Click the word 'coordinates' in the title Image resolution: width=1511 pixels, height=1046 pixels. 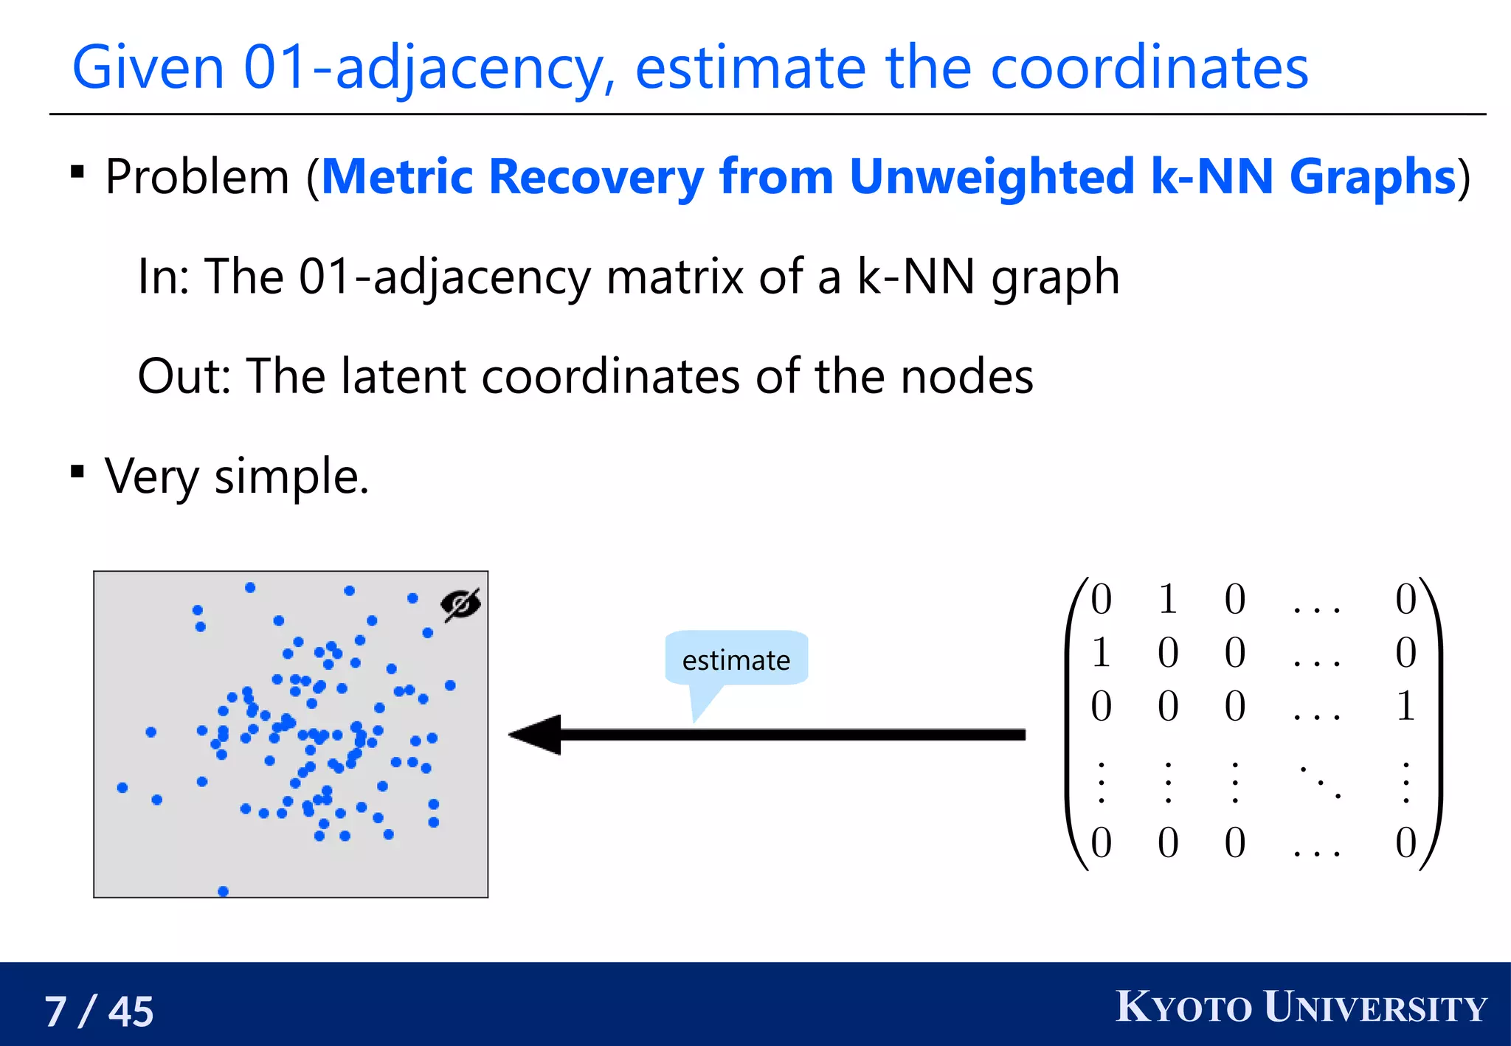pos(1149,67)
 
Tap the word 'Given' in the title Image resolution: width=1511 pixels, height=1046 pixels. pos(148,67)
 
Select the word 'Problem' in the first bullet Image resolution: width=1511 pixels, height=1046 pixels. pos(197,177)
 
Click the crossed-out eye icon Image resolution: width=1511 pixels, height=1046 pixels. pos(460,605)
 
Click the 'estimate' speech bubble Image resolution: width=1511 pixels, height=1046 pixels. pos(736,659)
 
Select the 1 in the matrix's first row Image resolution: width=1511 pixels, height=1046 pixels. pos(1167,598)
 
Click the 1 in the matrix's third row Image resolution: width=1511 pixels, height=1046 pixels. pos(1405,706)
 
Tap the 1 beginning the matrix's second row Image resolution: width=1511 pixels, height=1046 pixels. pos(1101,652)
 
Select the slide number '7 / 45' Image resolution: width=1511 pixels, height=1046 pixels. pos(99,1011)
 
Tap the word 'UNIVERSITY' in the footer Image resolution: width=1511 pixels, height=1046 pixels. pos(1375,1007)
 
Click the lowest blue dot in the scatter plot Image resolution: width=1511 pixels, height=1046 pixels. pos(224,891)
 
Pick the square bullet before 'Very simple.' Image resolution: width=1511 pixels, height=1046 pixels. pos(77,471)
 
